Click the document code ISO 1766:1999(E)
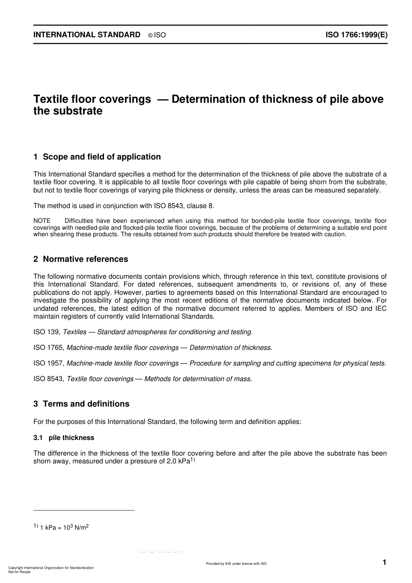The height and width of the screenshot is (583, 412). tap(356, 35)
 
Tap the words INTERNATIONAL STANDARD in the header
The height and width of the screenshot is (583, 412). tap(87, 35)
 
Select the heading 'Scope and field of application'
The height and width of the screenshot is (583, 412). tap(102, 157)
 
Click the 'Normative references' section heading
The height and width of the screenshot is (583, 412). tap(85, 259)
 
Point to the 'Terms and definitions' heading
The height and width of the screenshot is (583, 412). tap(86, 404)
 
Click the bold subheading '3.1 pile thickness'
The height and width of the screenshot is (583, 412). tap(64, 438)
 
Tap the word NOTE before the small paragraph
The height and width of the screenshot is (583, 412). tap(42, 221)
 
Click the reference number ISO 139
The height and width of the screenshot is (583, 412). tap(46, 332)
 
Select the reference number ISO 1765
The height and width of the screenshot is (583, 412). tap(49, 348)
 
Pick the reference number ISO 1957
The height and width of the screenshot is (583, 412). tap(49, 363)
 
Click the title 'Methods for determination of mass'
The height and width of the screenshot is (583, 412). tap(197, 379)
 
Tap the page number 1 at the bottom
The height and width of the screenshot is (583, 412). tap(384, 562)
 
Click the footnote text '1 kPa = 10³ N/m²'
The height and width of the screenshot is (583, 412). tap(64, 528)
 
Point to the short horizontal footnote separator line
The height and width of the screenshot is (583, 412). tap(84, 510)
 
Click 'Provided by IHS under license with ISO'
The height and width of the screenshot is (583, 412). tap(236, 563)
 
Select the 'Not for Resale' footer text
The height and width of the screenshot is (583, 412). tap(20, 572)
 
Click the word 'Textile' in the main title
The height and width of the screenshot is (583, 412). tap(50, 99)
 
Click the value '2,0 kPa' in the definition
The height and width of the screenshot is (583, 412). tap(178, 461)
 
